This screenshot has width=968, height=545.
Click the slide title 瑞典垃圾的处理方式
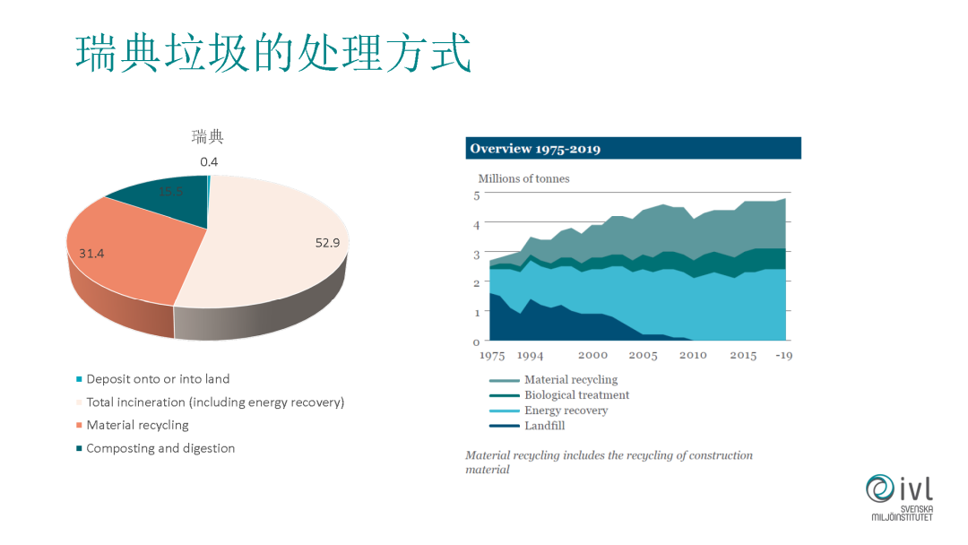273,54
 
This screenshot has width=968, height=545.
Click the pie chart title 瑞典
207,137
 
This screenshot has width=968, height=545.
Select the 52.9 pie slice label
327,242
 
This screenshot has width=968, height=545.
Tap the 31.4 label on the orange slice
91,254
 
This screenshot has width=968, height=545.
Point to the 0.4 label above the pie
209,161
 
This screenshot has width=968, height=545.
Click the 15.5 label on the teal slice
170,192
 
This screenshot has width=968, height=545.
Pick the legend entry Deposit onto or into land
158,379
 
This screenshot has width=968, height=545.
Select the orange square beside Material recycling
80,426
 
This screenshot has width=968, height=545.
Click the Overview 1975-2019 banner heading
535,149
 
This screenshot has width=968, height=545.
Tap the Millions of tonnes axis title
523,178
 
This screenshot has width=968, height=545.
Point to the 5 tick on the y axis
476,195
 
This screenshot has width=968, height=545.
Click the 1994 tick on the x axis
531,355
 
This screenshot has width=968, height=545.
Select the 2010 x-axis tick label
693,355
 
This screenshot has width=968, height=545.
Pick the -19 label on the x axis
783,355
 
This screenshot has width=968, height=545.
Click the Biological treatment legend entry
576,395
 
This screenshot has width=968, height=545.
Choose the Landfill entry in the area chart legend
544,426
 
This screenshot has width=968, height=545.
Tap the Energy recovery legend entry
566,411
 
